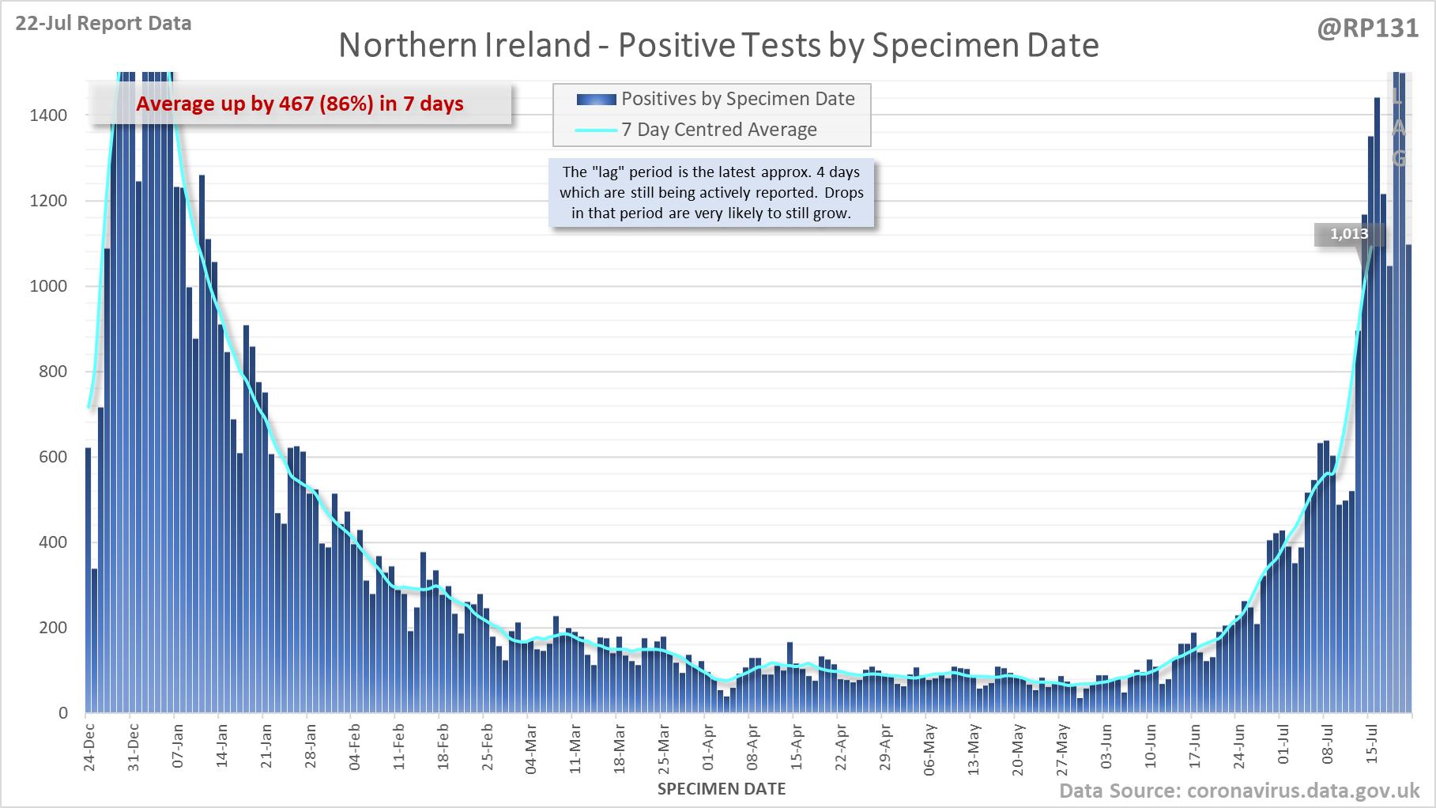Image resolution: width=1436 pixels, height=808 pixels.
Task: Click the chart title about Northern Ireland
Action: click(x=718, y=45)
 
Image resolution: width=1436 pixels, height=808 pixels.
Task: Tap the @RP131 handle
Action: click(x=1367, y=28)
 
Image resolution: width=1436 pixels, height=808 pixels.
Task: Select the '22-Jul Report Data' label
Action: click(x=104, y=24)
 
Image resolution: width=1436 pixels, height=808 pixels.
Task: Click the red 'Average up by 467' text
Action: click(x=300, y=104)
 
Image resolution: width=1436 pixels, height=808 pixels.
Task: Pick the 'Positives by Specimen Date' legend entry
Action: click(x=737, y=99)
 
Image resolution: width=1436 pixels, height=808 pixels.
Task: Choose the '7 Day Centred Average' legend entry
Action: click(x=718, y=130)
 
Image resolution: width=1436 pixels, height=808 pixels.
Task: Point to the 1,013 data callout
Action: click(x=1348, y=234)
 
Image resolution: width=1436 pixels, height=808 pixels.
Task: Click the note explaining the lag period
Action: click(x=711, y=192)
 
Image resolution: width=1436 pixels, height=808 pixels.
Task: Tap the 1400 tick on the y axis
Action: click(x=48, y=115)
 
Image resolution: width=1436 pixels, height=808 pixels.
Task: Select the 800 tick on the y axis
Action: click(x=53, y=372)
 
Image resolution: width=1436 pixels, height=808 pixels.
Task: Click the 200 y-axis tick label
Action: click(x=53, y=628)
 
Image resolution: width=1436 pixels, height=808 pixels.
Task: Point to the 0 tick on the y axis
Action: click(x=63, y=713)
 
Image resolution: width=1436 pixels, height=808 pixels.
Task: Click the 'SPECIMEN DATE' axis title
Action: click(x=722, y=789)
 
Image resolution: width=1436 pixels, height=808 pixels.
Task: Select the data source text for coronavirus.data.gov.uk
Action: click(x=1238, y=791)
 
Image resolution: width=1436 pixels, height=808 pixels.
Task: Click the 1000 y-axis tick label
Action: click(x=48, y=286)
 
